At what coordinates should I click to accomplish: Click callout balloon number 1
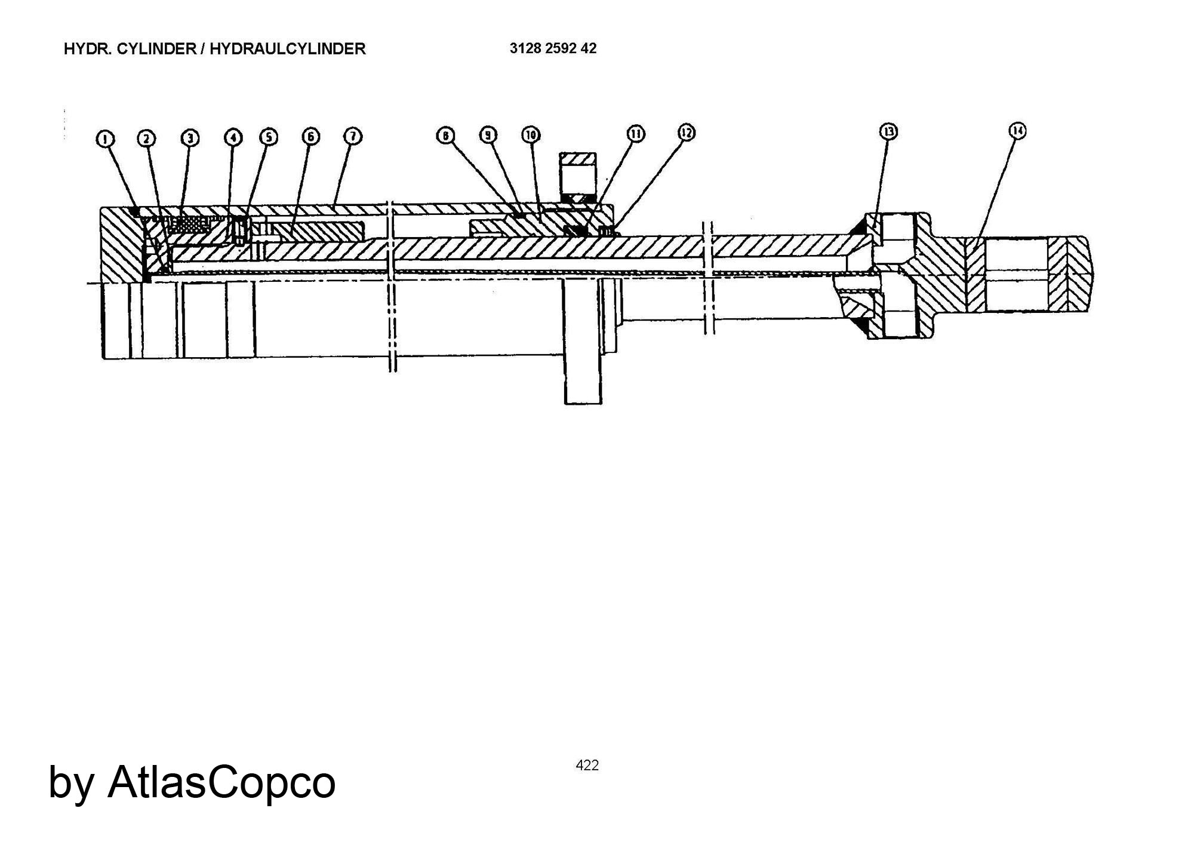105,139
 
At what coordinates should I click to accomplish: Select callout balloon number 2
147,139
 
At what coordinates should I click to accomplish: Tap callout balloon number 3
190,138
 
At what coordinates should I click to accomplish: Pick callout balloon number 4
233,137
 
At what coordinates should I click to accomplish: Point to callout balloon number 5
269,137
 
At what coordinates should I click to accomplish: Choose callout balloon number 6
310,137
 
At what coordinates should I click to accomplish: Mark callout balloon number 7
353,136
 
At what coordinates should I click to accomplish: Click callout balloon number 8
445,136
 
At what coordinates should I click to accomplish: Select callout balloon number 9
489,135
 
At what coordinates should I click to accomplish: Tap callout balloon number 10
531,134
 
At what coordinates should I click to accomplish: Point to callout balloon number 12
687,132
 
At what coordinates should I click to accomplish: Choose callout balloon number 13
889,131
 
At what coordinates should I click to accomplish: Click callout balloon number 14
1017,131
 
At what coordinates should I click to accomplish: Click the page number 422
587,765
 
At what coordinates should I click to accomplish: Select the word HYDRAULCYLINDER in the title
287,49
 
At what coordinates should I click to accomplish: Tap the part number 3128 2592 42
553,48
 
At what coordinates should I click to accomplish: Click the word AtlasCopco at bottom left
221,782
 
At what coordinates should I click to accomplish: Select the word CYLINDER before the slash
156,49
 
